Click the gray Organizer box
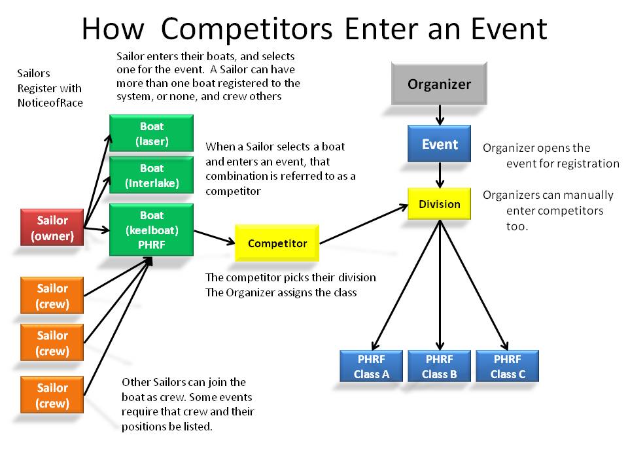(x=439, y=84)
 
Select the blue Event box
(x=439, y=144)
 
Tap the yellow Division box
(x=439, y=204)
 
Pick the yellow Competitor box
(x=277, y=243)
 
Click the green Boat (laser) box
(x=151, y=133)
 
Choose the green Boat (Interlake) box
(x=151, y=175)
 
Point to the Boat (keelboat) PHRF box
(x=151, y=230)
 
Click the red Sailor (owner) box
(x=52, y=228)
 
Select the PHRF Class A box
(x=371, y=366)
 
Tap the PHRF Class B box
(x=439, y=366)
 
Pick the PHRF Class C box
(x=507, y=366)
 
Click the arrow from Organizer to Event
(x=440, y=115)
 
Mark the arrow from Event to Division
(x=440, y=175)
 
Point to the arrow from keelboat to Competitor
(x=214, y=236)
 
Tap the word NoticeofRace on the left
(x=50, y=103)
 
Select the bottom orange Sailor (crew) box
(x=52, y=395)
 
